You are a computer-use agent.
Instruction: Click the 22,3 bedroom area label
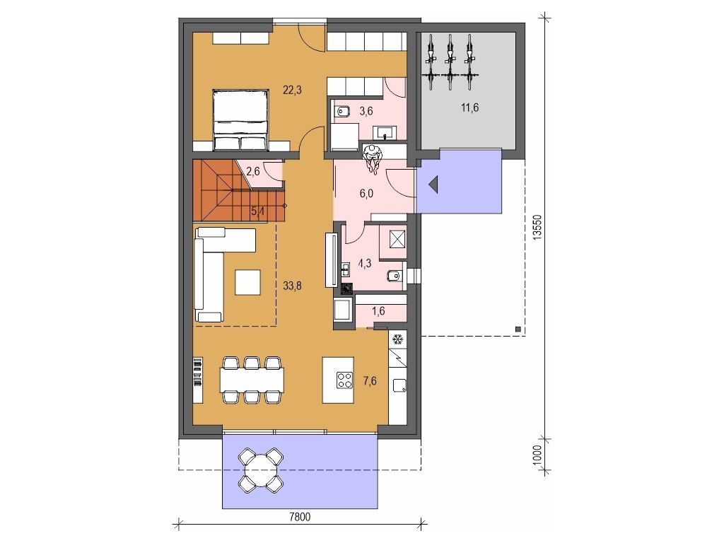pyautogui.click(x=292, y=90)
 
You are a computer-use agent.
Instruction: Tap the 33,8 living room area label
pyautogui.click(x=292, y=286)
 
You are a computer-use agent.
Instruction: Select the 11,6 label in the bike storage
pyautogui.click(x=469, y=107)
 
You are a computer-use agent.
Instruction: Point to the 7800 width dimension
pyautogui.click(x=300, y=517)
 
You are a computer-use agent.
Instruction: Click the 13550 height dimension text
pyautogui.click(x=537, y=227)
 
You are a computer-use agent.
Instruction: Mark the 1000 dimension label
pyautogui.click(x=537, y=456)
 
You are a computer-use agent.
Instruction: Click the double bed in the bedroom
pyautogui.click(x=240, y=120)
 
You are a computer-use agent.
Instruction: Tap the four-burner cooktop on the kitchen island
pyautogui.click(x=344, y=380)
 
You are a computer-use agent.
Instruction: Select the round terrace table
pyautogui.click(x=261, y=469)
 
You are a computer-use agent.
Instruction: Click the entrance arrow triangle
pyautogui.click(x=434, y=185)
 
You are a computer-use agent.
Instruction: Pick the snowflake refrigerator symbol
pyautogui.click(x=397, y=340)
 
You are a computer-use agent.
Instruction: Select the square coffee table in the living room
pyautogui.click(x=247, y=282)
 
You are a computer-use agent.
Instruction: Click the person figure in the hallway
pyautogui.click(x=373, y=159)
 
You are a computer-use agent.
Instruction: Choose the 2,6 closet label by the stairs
pyautogui.click(x=253, y=172)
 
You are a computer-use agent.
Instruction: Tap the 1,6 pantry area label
pyautogui.click(x=378, y=311)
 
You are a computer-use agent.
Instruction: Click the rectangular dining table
pyautogui.click(x=252, y=380)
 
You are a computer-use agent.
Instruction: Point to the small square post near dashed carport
pyautogui.click(x=518, y=329)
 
